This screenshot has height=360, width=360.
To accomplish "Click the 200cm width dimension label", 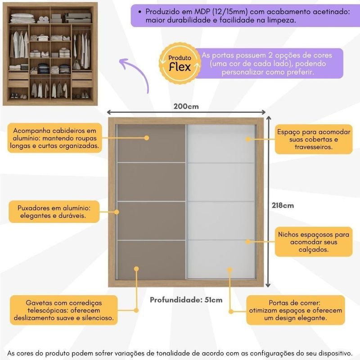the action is tap(186, 107).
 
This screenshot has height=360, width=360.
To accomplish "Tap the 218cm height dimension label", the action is tap(283, 205).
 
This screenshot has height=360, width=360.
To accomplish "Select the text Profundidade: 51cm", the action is tap(186, 300).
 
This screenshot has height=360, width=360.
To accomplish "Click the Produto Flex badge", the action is tap(180, 63).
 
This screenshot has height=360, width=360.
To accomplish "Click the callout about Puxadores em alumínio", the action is tap(54, 211).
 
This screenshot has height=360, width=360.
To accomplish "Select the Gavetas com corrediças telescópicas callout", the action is tap(63, 310).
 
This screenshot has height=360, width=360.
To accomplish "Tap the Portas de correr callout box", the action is tap(296, 310).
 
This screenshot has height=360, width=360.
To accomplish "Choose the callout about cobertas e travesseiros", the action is tap(314, 139).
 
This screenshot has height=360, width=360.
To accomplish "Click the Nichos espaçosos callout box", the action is tap(314, 242).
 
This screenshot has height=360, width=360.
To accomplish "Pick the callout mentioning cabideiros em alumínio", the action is tap(54, 138).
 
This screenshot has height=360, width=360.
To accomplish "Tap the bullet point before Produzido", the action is tap(139, 12).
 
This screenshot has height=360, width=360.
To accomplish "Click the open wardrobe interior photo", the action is tap(50, 54).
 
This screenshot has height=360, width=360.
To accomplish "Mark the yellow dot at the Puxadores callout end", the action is tap(117, 212).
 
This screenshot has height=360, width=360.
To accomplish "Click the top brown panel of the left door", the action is tap(152, 143).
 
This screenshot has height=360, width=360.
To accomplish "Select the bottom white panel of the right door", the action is tap(221, 259).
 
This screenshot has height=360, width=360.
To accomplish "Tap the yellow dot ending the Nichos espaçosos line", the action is tap(248, 242).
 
